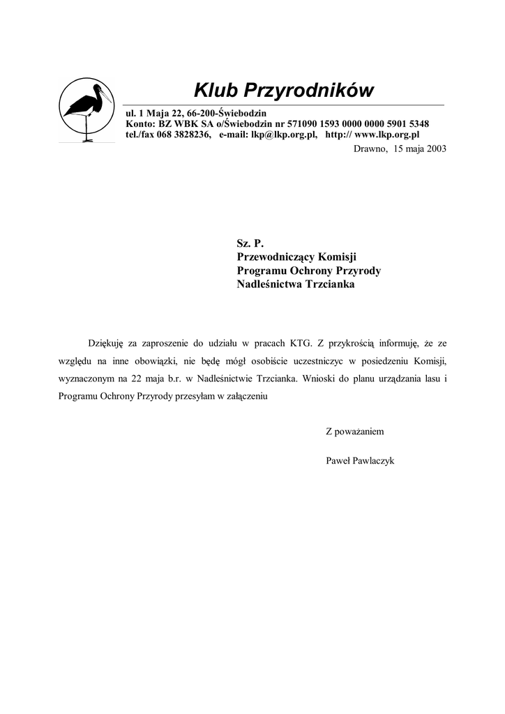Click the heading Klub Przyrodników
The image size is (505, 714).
tap(284, 91)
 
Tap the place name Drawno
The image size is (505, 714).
tap(370, 149)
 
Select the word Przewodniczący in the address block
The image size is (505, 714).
tap(276, 257)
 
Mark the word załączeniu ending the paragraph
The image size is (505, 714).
tap(247, 397)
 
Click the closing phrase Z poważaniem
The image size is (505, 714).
tap(354, 432)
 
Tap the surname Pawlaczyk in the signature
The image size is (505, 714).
tap(377, 461)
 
